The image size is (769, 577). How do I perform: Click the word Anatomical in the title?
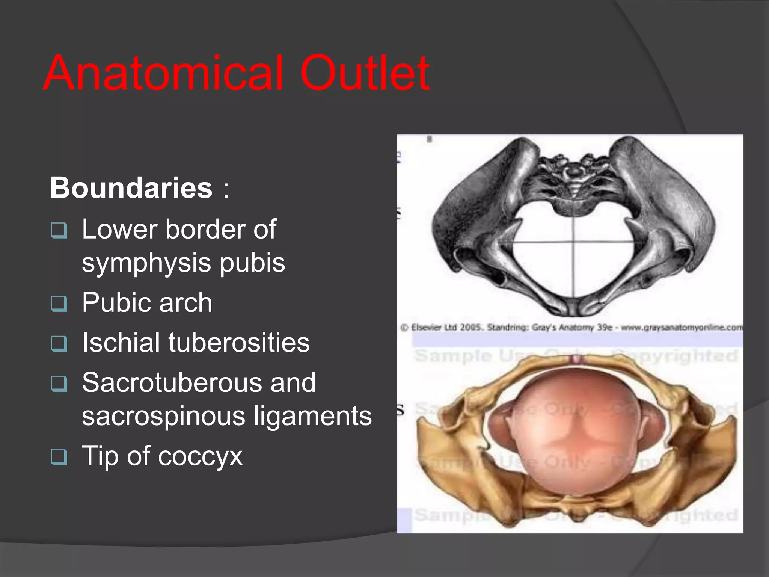tap(163, 73)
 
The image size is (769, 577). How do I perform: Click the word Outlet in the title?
tap(365, 73)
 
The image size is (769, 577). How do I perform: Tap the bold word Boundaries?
tap(131, 187)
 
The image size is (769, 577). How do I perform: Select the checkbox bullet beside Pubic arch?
tap(59, 304)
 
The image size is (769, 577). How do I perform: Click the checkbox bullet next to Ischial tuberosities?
tap(59, 344)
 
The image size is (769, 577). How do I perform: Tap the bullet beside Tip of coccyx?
tap(59, 457)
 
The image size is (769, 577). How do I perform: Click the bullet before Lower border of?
tap(59, 230)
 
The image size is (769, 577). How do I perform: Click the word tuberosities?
tap(239, 343)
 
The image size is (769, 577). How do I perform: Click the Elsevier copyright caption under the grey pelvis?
tap(571, 328)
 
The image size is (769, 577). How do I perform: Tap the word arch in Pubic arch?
tap(185, 302)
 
